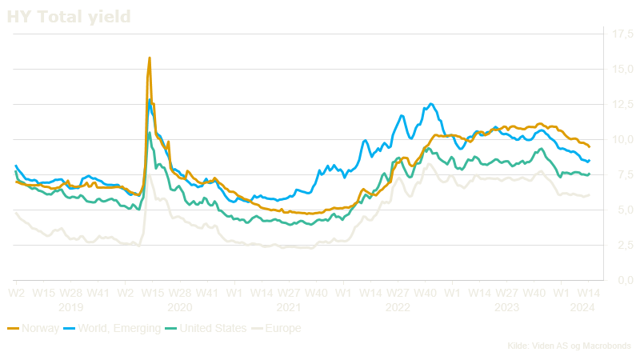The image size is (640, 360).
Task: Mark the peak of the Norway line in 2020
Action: (150, 58)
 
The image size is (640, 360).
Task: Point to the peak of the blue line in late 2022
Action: (431, 103)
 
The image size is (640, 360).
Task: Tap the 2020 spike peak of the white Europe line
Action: (150, 174)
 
